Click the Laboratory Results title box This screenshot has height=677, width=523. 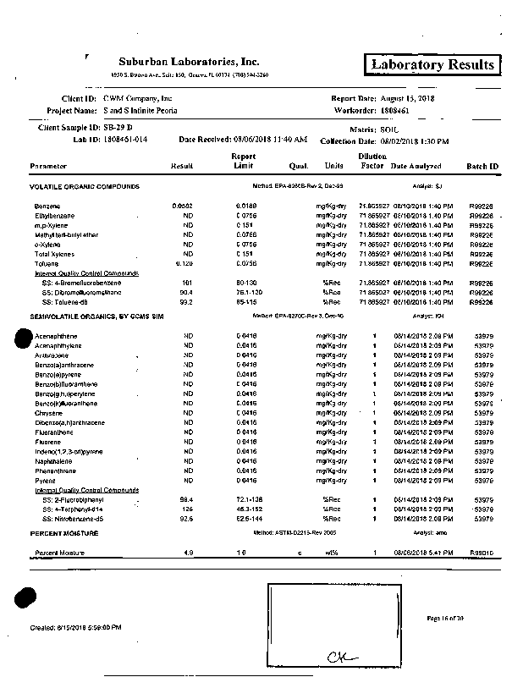click(x=432, y=65)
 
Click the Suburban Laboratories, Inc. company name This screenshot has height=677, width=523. click(x=189, y=62)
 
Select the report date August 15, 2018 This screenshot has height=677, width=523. click(x=408, y=98)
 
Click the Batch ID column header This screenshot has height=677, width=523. click(x=482, y=166)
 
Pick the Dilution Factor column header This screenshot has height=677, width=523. click(x=372, y=162)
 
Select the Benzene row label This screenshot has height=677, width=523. click(x=47, y=206)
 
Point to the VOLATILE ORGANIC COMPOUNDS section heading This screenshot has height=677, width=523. click(x=85, y=186)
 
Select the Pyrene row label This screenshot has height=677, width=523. click(x=45, y=481)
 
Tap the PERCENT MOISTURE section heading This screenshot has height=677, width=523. click(x=64, y=534)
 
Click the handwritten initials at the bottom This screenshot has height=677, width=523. click(x=339, y=656)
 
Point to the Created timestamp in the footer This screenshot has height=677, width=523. click(x=75, y=627)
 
